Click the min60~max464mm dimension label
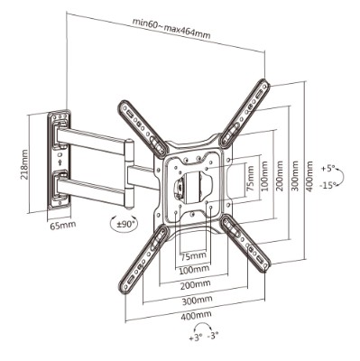click(171, 29)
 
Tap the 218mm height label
click(24, 165)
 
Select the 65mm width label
click(63, 225)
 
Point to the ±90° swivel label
click(123, 224)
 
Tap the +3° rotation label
click(195, 338)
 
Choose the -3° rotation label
click(213, 337)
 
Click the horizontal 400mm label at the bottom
click(196, 315)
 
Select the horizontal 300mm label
click(197, 300)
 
